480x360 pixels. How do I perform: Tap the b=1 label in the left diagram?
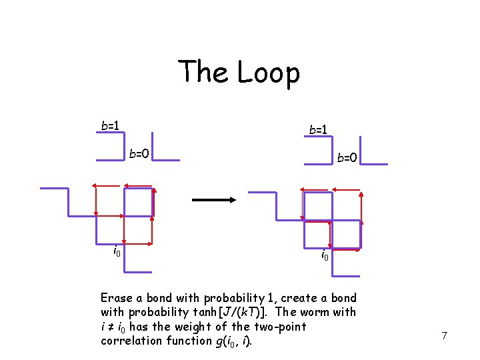[110, 125]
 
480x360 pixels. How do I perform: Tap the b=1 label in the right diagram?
[318, 129]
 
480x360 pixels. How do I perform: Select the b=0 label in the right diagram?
[347, 158]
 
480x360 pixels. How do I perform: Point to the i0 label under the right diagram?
[325, 255]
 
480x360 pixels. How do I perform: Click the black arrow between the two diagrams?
[211, 199]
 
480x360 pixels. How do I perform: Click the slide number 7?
[443, 335]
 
